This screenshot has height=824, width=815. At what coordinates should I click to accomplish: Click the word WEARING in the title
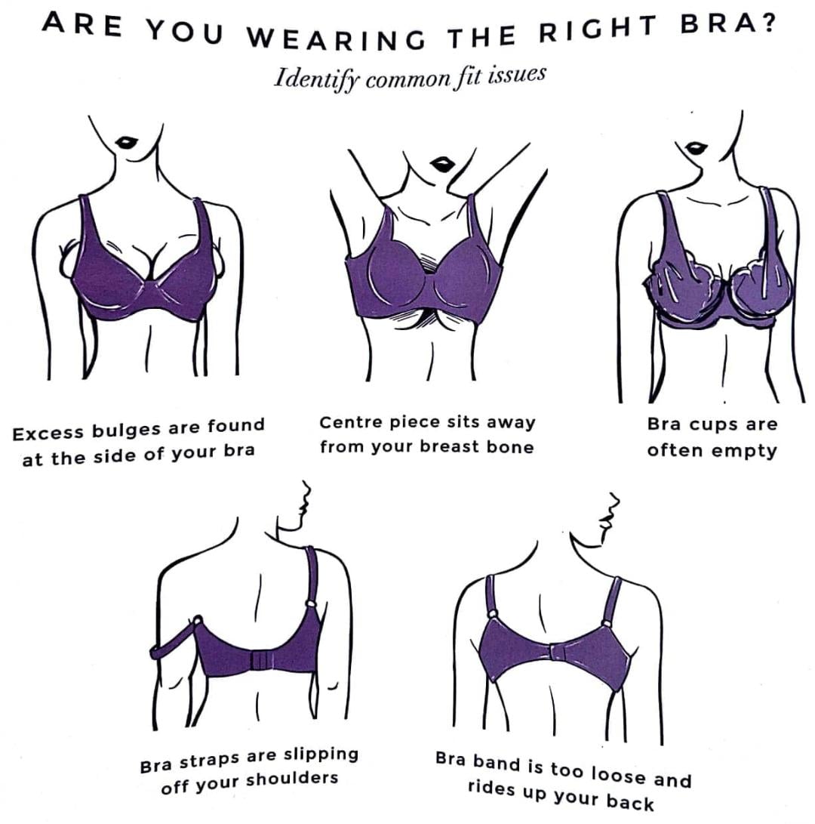pyautogui.click(x=336, y=37)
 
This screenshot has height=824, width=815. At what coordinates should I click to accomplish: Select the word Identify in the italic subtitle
pyautogui.click(x=315, y=79)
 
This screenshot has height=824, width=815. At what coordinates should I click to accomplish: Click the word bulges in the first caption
pyautogui.click(x=127, y=430)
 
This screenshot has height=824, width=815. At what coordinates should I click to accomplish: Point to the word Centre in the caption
pyautogui.click(x=346, y=422)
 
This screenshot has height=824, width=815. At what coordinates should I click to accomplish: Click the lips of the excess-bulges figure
pyautogui.click(x=128, y=142)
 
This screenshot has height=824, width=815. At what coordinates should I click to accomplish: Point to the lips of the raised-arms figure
pyautogui.click(x=443, y=164)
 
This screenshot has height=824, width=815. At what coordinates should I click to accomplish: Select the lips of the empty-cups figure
pyautogui.click(x=697, y=147)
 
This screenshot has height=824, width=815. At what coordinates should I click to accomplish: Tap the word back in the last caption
pyautogui.click(x=630, y=801)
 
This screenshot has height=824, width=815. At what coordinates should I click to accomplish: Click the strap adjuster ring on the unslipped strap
pyautogui.click(x=311, y=604)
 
